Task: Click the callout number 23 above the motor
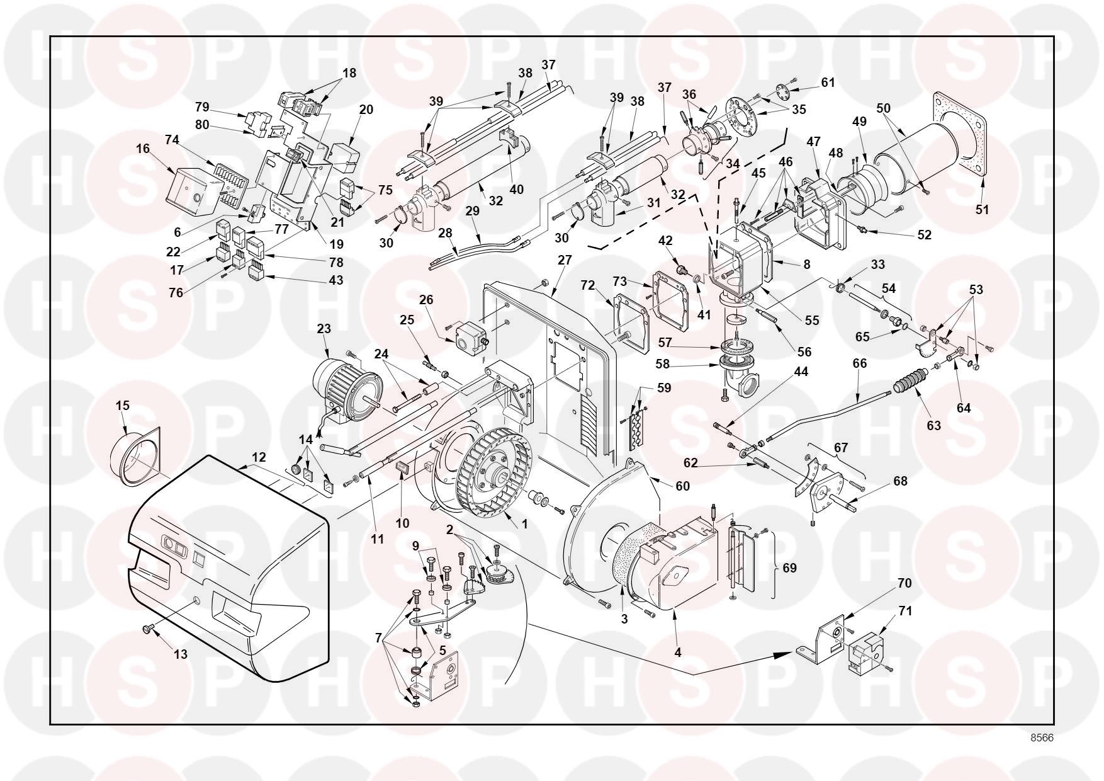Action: pos(324,328)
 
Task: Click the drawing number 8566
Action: pos(1042,738)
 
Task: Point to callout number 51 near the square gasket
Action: pos(982,210)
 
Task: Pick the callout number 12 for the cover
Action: pos(259,457)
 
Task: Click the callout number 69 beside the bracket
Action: pos(789,568)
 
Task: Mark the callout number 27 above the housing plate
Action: pos(565,260)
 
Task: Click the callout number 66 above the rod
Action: pos(860,363)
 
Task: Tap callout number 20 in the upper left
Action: pos(366,110)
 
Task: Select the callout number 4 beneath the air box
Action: pos(678,653)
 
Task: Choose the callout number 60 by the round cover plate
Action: pos(682,486)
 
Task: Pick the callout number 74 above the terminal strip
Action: pos(172,140)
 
